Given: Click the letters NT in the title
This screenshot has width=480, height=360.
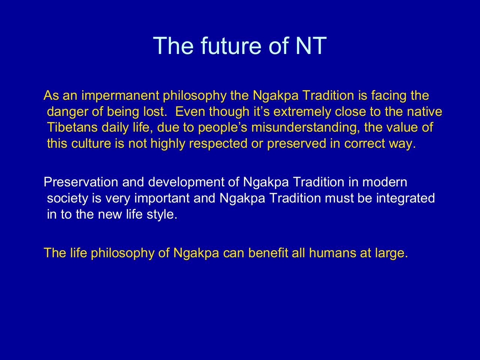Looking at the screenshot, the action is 311,46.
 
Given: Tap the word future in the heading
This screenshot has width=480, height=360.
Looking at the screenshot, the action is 231,46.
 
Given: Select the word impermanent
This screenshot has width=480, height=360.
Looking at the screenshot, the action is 120,96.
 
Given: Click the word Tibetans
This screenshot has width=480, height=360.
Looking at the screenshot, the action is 72,127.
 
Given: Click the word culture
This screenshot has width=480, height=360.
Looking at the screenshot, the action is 91,144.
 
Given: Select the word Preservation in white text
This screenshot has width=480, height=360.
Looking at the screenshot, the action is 81,182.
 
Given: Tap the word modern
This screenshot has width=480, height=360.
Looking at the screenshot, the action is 385,182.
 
